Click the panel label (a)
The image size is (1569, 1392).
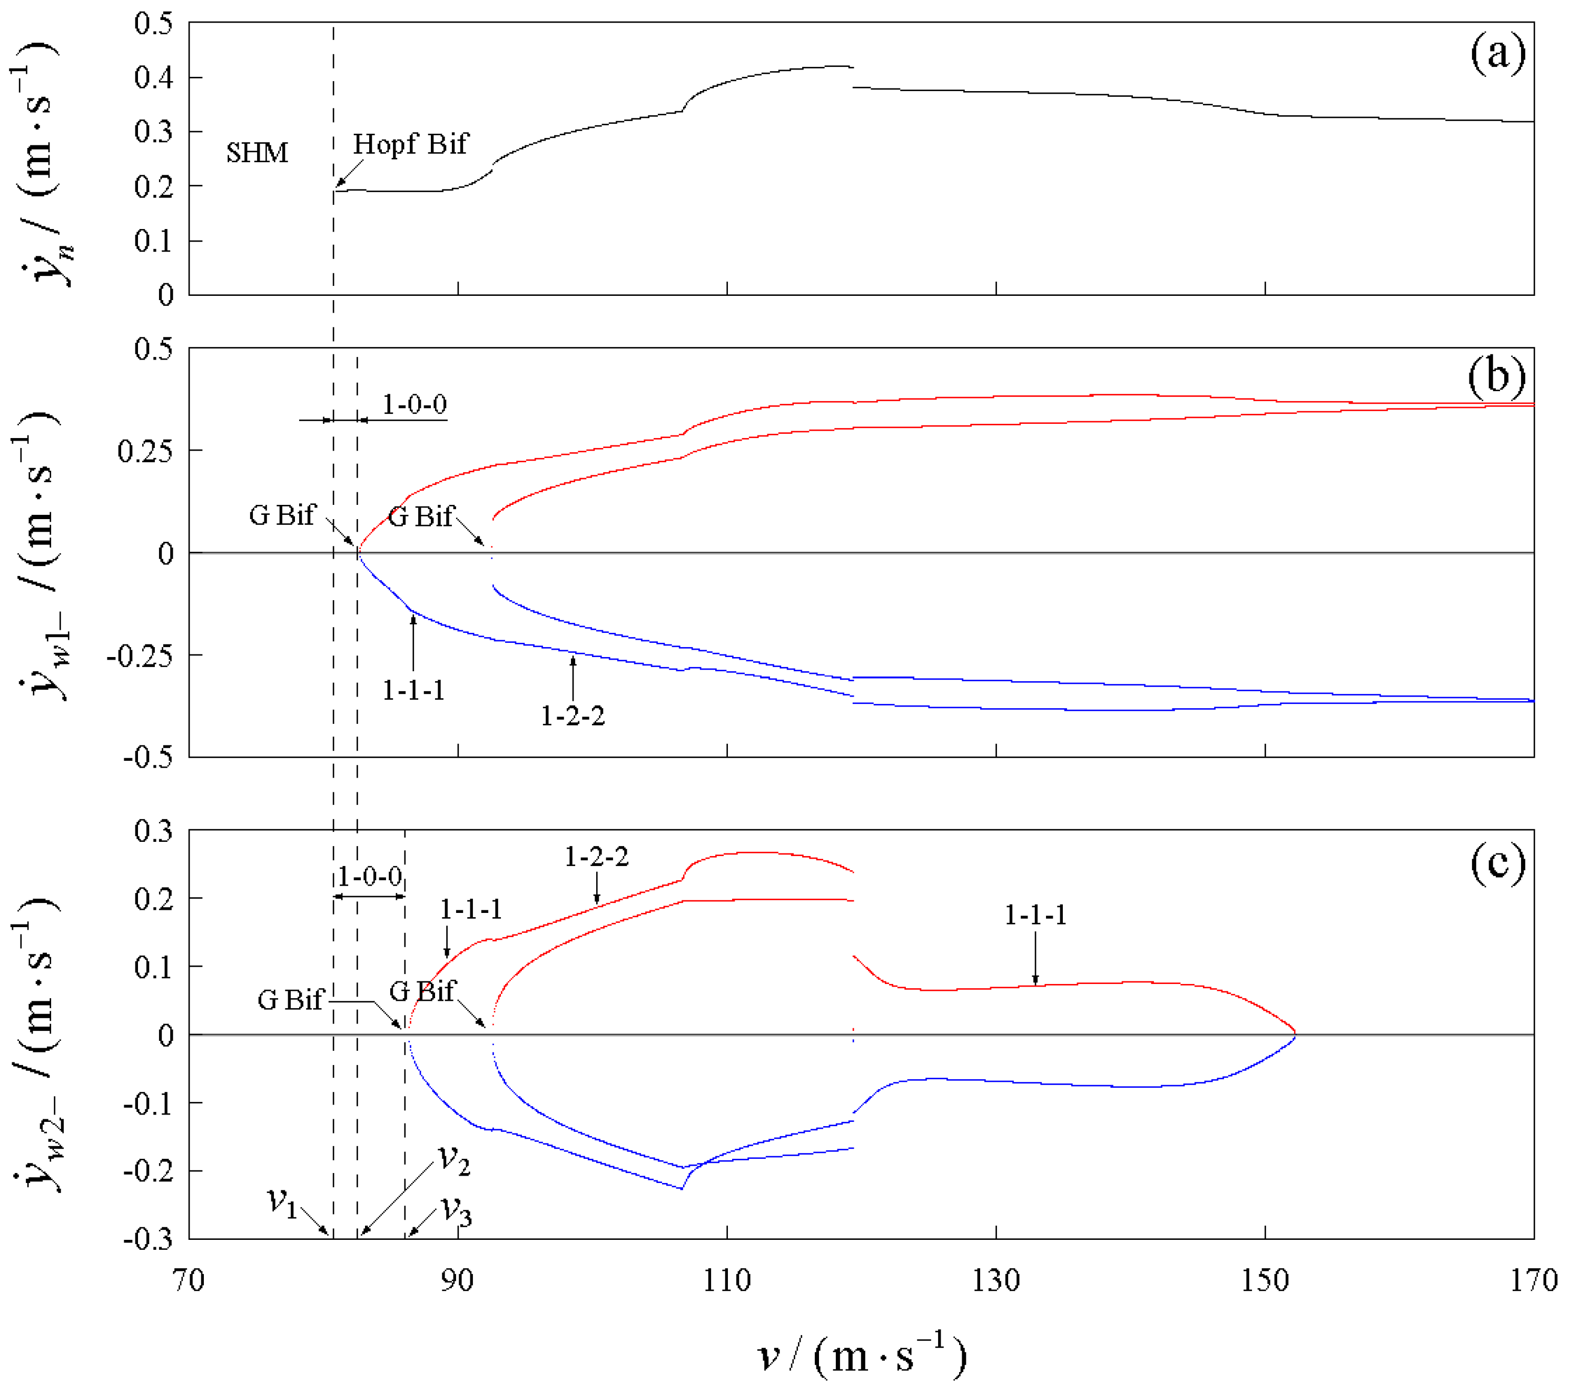pos(1497,55)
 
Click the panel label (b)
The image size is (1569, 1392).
pos(1497,377)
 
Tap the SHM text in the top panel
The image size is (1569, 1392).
pos(256,153)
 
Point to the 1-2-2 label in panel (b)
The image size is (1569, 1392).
pos(573,716)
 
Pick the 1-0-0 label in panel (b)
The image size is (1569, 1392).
pos(414,404)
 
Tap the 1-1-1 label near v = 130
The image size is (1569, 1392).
pos(1035,914)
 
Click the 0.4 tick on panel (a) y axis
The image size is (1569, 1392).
pos(153,77)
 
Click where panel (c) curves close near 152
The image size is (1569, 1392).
pos(1296,1035)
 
